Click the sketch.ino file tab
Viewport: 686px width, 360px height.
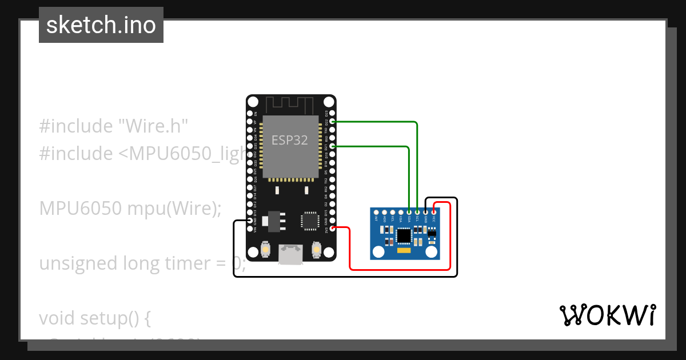click(x=101, y=25)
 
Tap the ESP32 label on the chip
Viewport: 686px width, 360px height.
click(x=289, y=141)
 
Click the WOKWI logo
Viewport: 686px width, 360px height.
click(x=607, y=315)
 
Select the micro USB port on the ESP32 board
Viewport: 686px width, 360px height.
click(x=291, y=254)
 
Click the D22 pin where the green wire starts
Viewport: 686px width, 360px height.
click(x=333, y=122)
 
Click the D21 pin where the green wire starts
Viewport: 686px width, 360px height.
click(x=333, y=147)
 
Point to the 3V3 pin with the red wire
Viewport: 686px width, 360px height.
click(x=333, y=229)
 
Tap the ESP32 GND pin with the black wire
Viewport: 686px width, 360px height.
click(x=250, y=221)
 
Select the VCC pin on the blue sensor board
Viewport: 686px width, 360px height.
click(x=434, y=211)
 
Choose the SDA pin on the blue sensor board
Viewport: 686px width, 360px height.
click(x=409, y=211)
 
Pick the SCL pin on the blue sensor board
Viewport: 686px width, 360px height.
click(x=417, y=211)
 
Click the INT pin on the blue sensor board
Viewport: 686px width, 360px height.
click(x=376, y=211)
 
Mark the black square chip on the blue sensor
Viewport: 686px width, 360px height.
click(x=404, y=235)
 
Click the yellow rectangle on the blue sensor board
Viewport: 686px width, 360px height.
click(x=404, y=250)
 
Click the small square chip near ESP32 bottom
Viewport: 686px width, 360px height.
click(x=310, y=221)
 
